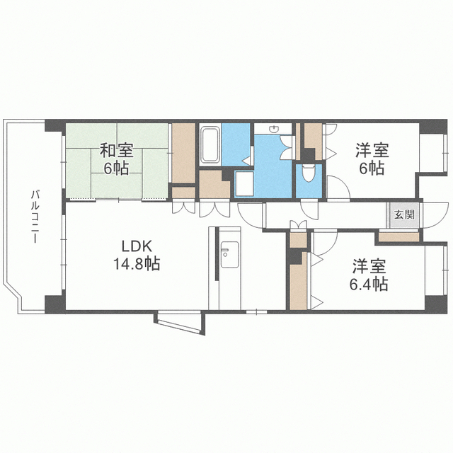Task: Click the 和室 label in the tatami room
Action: point(116,151)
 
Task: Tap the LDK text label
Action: point(137,246)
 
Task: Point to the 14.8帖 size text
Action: point(137,263)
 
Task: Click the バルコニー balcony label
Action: point(35,217)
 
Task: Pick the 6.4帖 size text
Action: point(369,284)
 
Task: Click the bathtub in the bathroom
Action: point(210,144)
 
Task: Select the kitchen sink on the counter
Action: point(229,255)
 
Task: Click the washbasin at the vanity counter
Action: point(273,129)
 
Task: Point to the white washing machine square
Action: point(244,184)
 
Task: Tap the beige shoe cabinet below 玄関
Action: point(398,237)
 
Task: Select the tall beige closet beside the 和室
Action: point(183,153)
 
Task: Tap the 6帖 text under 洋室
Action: point(372,168)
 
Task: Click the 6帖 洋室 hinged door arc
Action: point(338,188)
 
